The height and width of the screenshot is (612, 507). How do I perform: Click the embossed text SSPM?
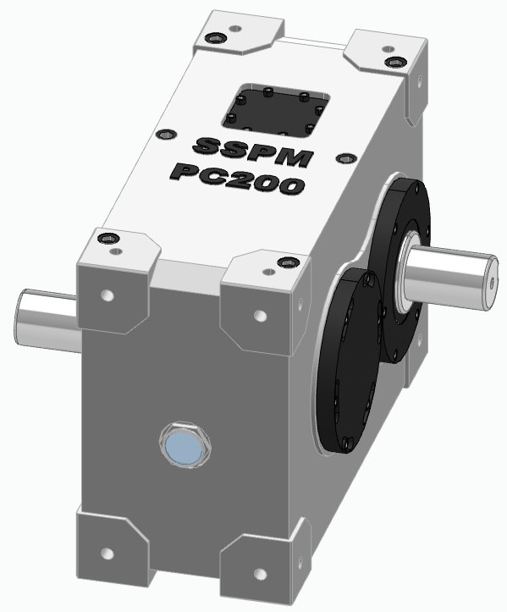[x=253, y=149]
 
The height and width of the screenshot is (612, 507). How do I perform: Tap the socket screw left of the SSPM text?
[x=165, y=134]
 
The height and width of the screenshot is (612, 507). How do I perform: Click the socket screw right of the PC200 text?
[x=343, y=158]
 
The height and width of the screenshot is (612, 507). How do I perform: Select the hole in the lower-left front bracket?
[x=107, y=554]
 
